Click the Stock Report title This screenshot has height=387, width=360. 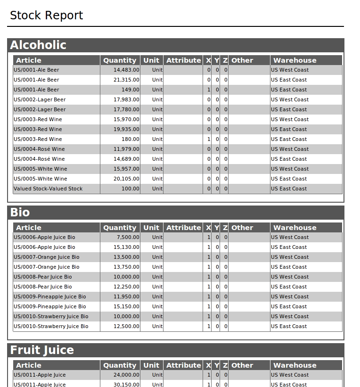pyautogui.click(x=46, y=16)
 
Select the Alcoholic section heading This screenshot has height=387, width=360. pyautogui.click(x=38, y=45)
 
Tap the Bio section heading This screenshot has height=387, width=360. pyautogui.click(x=20, y=213)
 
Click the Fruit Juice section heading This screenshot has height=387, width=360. pyautogui.click(x=42, y=350)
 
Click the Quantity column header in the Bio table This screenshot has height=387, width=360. pyautogui.click(x=120, y=228)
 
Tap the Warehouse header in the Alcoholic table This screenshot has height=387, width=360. pyautogui.click(x=295, y=60)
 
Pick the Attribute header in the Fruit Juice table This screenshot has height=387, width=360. pyautogui.click(x=183, y=365)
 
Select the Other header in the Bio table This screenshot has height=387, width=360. pyautogui.click(x=242, y=228)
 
